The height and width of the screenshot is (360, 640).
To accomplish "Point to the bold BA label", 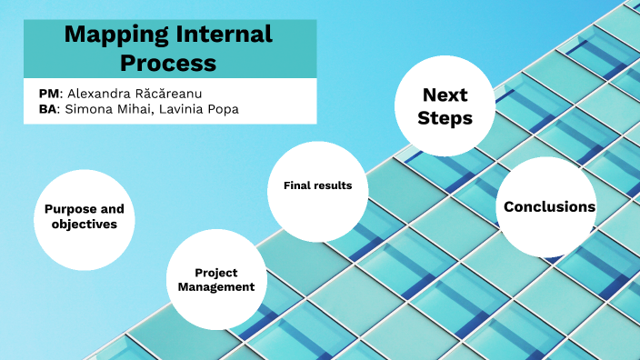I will coord(48,109).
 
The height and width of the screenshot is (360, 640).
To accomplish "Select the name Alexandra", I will coord(100,94).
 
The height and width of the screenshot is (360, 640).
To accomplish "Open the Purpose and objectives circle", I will coord(84,216).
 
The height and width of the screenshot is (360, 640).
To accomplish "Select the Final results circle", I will coord(317,185).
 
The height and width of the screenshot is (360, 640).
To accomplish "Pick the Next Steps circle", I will coord(445,106).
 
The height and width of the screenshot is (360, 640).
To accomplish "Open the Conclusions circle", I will coord(549,207).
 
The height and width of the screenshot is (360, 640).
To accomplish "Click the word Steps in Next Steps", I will coord(445,118).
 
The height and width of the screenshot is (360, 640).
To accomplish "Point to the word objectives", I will coord(85,224).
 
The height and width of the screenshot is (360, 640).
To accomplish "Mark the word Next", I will coord(445,95).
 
